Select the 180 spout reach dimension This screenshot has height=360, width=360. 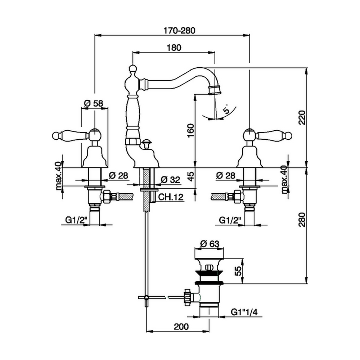(x=174, y=47)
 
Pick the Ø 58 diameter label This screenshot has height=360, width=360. (x=93, y=103)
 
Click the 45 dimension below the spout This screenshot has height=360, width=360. (x=191, y=176)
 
